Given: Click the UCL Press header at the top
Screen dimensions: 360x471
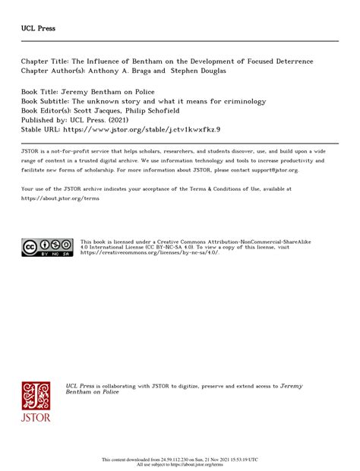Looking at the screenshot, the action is [38, 29].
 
